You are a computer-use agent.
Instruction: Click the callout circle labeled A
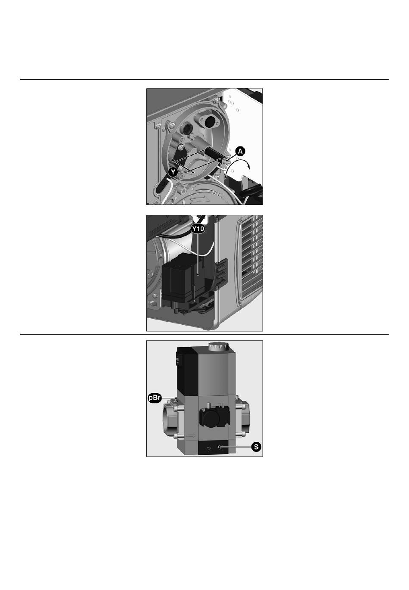tap(240, 152)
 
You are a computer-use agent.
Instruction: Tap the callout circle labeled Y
tap(173, 172)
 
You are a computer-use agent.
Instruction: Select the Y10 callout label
tap(198, 229)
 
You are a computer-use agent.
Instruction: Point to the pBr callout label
tap(154, 398)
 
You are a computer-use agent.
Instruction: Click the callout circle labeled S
tap(256, 447)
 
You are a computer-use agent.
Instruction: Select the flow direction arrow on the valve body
tap(191, 436)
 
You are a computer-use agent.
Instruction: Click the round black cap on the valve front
tap(208, 417)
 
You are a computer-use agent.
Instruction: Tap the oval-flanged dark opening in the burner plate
tap(209, 121)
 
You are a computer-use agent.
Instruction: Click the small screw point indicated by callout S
tap(220, 447)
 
